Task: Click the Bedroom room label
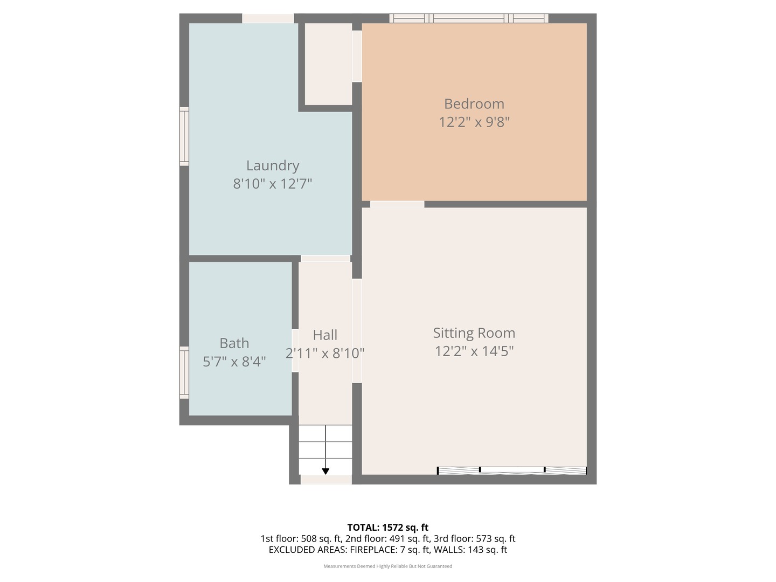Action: tap(474, 103)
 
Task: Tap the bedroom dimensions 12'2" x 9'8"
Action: tap(474, 122)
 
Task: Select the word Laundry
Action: tap(272, 165)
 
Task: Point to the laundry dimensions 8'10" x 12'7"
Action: tap(272, 184)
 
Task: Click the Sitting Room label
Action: tap(474, 333)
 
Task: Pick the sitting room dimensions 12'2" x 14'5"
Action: tap(474, 351)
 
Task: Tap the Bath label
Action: tap(234, 343)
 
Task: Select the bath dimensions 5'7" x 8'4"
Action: tap(234, 362)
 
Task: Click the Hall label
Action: tap(325, 335)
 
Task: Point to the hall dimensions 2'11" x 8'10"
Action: tap(325, 354)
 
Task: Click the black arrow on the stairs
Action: tap(325, 470)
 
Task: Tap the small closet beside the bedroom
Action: tap(328, 64)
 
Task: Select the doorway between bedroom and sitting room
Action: tap(397, 204)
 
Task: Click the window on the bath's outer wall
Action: tap(184, 372)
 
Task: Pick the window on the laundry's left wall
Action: tap(184, 136)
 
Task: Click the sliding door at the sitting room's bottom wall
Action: tap(511, 470)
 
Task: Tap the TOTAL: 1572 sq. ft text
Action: tap(387, 527)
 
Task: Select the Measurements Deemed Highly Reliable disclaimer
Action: tap(387, 566)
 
